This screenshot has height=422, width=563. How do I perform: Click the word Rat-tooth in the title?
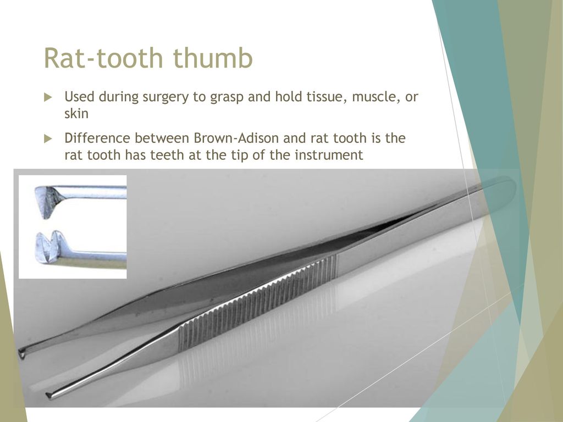pyautogui.click(x=103, y=58)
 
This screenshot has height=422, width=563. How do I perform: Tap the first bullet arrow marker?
pyautogui.click(x=48, y=97)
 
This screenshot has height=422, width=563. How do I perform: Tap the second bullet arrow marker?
pyautogui.click(x=48, y=139)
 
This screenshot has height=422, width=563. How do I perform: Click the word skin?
pyautogui.click(x=76, y=113)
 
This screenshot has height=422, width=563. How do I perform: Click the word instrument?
pyautogui.click(x=329, y=155)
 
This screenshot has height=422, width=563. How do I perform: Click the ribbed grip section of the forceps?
pyautogui.click(x=258, y=302)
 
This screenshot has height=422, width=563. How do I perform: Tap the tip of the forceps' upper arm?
pyautogui.click(x=21, y=353)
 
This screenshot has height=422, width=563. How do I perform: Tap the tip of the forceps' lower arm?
pyautogui.click(x=49, y=396)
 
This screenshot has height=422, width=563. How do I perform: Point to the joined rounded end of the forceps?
pyautogui.click(x=506, y=185)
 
